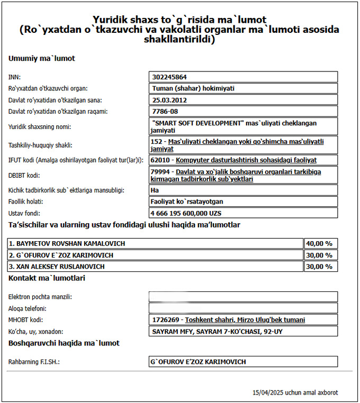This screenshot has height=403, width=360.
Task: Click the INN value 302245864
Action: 169,77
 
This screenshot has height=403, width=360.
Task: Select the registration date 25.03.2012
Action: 170,100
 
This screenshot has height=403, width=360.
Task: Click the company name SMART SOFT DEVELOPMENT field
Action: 244,126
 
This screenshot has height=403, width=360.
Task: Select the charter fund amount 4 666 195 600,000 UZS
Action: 186,213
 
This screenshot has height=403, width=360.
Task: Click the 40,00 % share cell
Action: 320,244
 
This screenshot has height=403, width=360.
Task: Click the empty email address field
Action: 244,297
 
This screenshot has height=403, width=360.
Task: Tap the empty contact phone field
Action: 244,308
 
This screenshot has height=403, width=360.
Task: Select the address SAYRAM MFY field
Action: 244,332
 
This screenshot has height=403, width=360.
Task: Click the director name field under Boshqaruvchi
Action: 244,362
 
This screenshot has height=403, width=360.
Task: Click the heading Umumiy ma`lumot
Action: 42,58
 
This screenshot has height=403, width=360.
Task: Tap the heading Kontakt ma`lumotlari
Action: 47,278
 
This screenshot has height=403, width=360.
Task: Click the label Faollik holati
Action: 26,201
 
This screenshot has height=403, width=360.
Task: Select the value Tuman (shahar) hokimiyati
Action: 193,88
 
